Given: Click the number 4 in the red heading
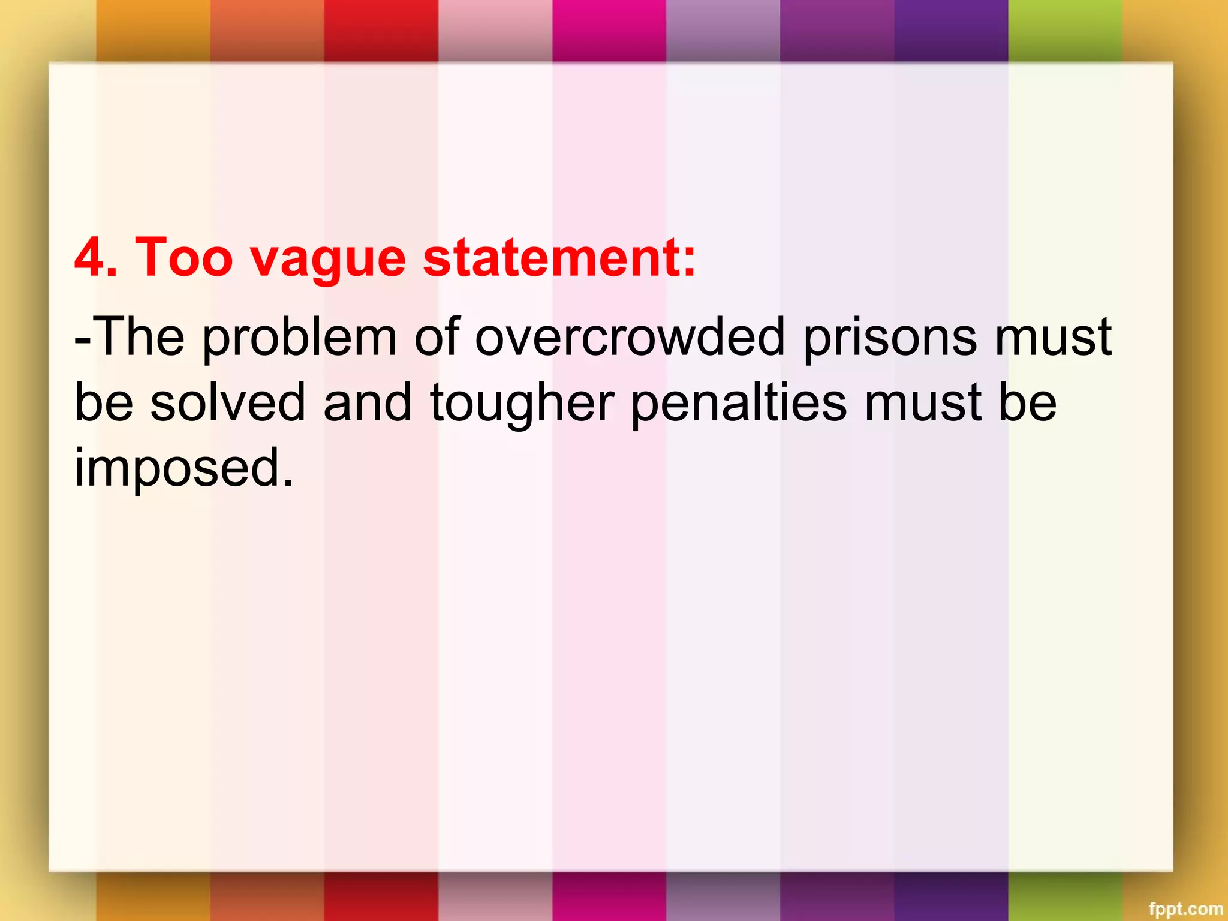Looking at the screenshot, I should click(x=89, y=257).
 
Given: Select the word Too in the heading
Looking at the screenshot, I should click(x=183, y=257).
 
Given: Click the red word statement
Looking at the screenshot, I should click(x=552, y=257).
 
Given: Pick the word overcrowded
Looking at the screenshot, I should click(x=630, y=337).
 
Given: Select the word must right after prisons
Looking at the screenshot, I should click(x=1054, y=337).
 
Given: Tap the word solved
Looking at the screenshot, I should click(x=228, y=402).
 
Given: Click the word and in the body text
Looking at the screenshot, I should click(x=368, y=402).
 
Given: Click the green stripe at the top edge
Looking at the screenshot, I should click(x=1064, y=30).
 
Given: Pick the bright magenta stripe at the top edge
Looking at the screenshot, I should click(x=609, y=30).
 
